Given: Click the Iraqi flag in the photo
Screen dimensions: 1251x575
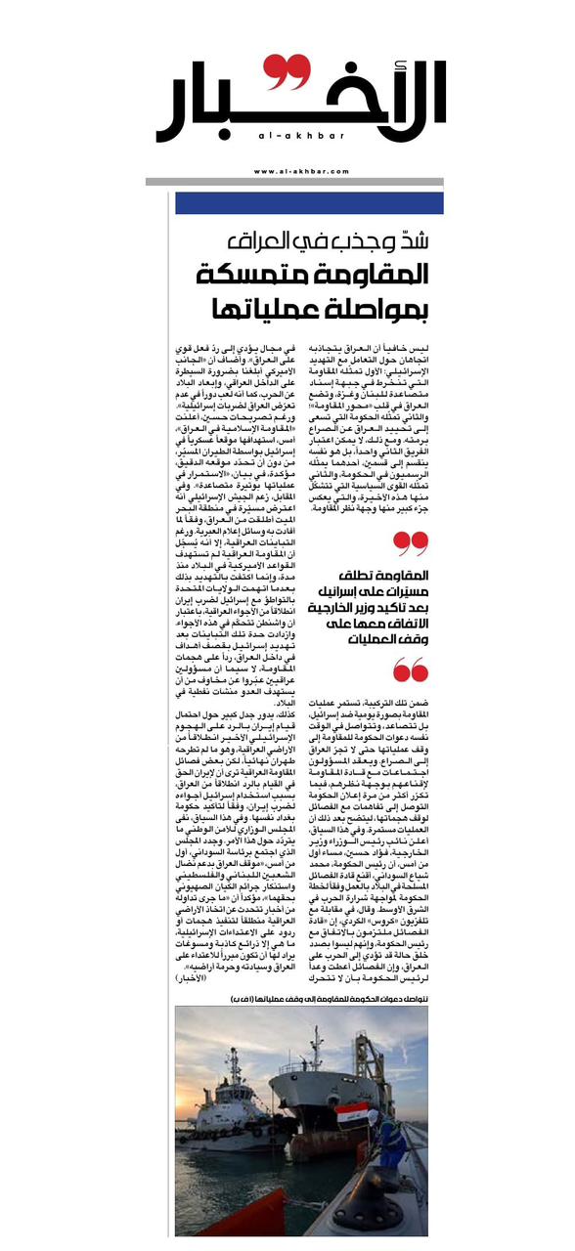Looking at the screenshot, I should pos(351,1112).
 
